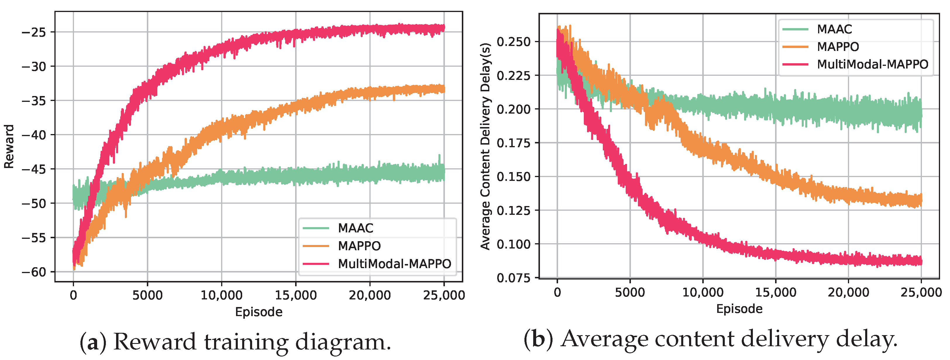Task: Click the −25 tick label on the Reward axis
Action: coord(34,32)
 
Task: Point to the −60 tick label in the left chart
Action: coord(34,272)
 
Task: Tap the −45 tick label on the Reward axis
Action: coord(34,169)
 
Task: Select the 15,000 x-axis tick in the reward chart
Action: coord(295,295)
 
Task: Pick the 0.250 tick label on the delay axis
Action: coord(513,42)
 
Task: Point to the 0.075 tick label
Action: coord(513,278)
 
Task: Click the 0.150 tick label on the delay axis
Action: coord(513,177)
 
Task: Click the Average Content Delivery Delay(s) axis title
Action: coord(485,146)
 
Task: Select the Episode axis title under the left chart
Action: coord(259,312)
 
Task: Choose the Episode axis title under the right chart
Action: coord(739,309)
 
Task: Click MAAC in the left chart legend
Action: coord(355,228)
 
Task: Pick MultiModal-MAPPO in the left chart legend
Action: coord(394,264)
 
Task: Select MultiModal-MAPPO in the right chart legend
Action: coord(872,64)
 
